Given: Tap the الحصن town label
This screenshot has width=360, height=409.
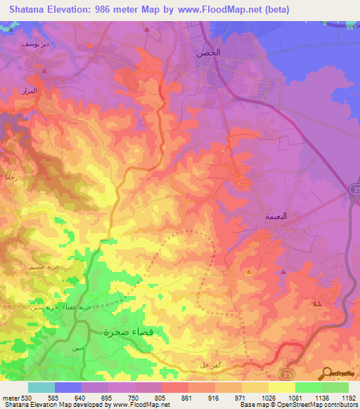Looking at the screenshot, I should (209, 53).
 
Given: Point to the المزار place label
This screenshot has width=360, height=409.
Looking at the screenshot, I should (46, 91).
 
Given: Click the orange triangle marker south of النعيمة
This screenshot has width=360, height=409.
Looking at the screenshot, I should (248, 271).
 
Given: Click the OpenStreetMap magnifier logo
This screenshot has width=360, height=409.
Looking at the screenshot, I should (328, 373).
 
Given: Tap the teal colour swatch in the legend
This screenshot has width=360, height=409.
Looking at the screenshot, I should (41, 388).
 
